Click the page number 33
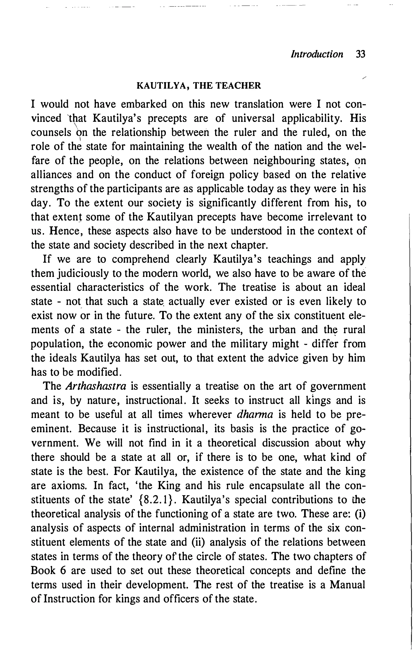(x=360, y=54)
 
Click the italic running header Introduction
(x=317, y=54)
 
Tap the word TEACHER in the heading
(x=238, y=86)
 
